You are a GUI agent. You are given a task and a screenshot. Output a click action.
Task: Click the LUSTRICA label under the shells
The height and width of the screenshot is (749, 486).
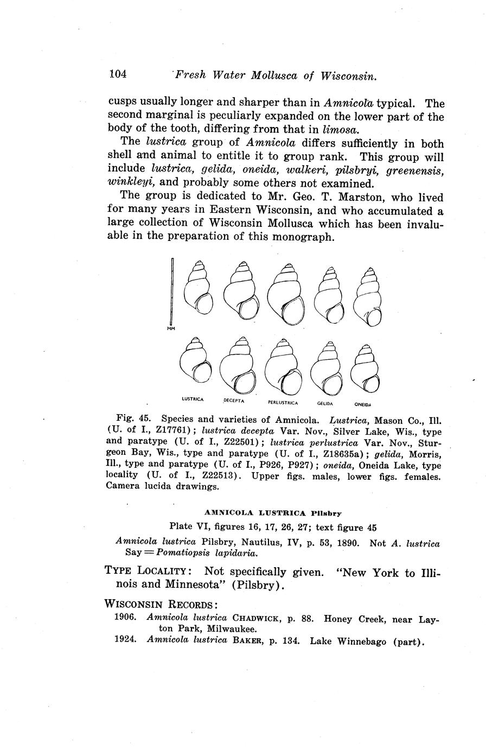[x=192, y=399]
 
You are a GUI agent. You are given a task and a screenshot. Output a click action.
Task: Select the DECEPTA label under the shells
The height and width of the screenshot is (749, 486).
[x=234, y=401]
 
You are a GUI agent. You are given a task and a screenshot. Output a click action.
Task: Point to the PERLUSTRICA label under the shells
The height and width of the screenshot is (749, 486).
[x=283, y=402]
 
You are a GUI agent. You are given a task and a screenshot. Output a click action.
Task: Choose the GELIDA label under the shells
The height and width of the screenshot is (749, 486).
[x=325, y=403]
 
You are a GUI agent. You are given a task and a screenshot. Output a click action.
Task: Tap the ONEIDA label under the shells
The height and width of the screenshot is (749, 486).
[x=362, y=404]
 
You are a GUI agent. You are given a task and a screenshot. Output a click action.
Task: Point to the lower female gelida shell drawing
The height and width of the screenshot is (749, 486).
[x=327, y=370]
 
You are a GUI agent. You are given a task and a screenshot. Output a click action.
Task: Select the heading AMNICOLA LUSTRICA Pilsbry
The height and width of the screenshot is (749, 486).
[x=273, y=512]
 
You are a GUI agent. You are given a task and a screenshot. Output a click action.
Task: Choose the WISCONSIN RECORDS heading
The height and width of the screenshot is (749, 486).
[x=161, y=604]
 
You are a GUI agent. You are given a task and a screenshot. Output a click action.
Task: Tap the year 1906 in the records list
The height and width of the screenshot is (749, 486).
[x=125, y=618]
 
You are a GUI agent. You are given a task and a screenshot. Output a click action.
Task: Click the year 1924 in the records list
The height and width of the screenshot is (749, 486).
[x=125, y=641]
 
